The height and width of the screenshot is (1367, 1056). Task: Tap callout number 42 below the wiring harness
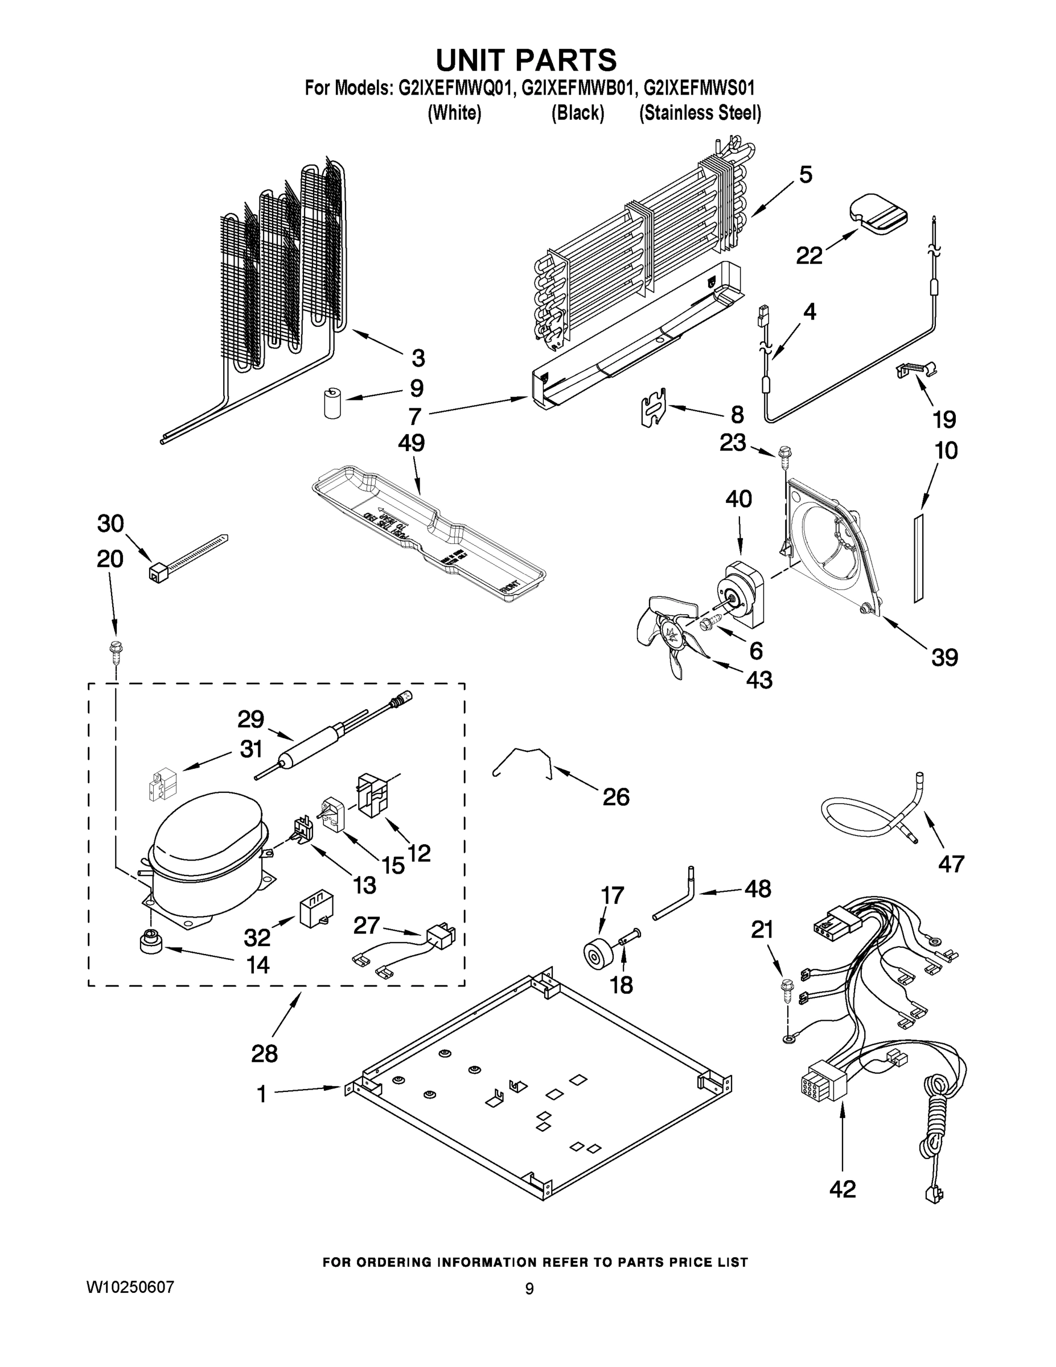click(x=842, y=1189)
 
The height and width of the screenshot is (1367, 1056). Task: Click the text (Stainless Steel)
click(x=700, y=113)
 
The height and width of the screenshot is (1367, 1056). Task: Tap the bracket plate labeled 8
click(x=654, y=407)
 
